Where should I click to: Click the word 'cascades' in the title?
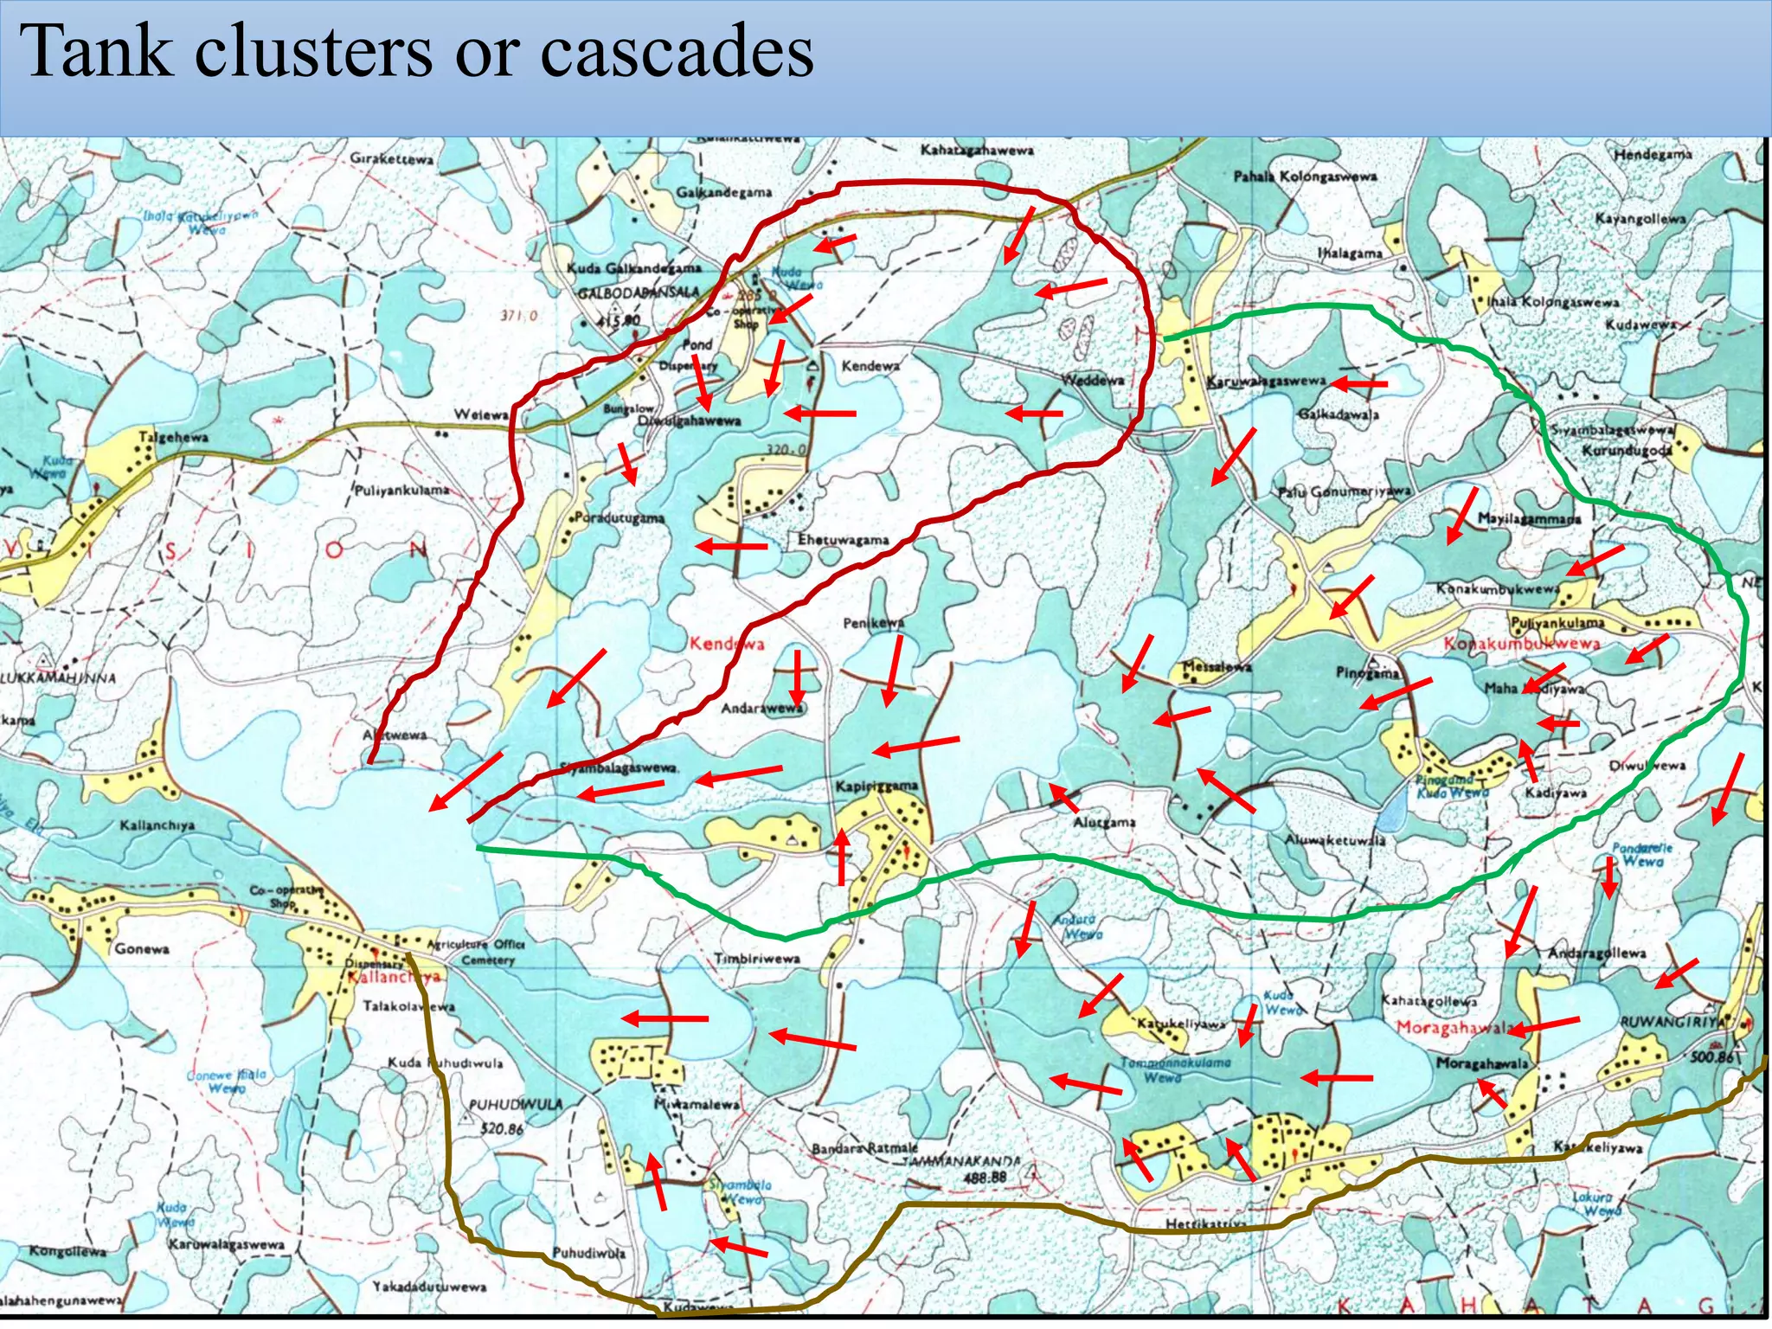(x=677, y=52)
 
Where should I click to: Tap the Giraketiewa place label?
(x=392, y=159)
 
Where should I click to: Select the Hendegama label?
(x=1653, y=154)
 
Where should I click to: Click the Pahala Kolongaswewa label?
(x=1305, y=177)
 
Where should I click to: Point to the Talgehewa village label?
(x=174, y=438)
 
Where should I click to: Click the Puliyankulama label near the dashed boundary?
(x=402, y=491)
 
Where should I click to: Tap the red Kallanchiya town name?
(x=395, y=977)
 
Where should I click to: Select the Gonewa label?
(x=142, y=949)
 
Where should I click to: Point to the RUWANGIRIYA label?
(x=1675, y=1022)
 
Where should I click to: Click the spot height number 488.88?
(x=985, y=1178)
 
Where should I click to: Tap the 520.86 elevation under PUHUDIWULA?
(x=502, y=1129)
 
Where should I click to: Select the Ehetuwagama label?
(x=843, y=540)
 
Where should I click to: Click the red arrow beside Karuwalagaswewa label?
(x=1359, y=382)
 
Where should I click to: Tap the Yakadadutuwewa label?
(x=429, y=1287)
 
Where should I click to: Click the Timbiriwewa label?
(x=757, y=959)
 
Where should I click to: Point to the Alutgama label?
(x=1104, y=822)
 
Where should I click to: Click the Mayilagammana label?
(x=1529, y=519)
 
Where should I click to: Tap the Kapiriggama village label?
(x=876, y=786)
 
